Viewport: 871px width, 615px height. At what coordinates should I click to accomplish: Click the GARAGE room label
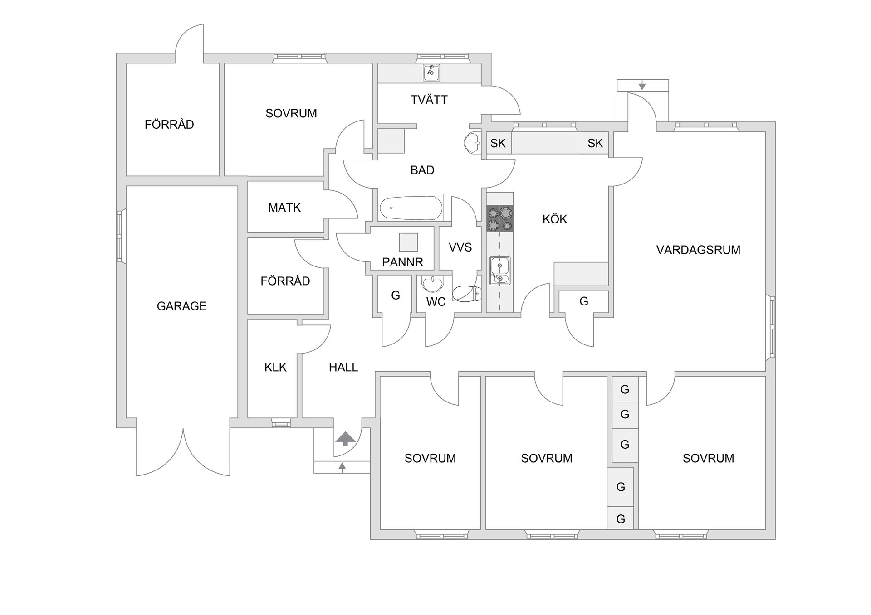point(181,306)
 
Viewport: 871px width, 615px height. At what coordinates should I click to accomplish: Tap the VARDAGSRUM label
point(698,250)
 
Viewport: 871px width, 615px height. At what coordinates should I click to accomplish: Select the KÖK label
point(555,219)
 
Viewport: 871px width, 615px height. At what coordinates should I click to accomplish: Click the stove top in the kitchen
point(500,219)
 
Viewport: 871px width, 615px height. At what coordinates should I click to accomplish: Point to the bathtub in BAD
point(410,208)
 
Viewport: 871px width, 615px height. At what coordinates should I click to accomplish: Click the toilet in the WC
point(467,294)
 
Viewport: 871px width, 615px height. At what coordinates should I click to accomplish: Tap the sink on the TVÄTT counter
point(431,73)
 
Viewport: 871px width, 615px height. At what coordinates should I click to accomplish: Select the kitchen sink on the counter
point(500,271)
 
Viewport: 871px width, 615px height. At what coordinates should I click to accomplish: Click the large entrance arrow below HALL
point(346,438)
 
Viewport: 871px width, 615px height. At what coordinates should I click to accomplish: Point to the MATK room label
point(284,208)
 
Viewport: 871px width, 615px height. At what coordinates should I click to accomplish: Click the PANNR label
point(402,262)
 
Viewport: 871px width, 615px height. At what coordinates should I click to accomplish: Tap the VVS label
point(460,247)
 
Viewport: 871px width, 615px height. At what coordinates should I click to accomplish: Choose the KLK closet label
point(275,367)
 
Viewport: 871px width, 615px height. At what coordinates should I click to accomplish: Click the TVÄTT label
point(429,100)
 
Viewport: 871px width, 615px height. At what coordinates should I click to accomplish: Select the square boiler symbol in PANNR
point(408,242)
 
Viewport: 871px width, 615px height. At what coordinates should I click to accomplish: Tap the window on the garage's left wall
point(120,236)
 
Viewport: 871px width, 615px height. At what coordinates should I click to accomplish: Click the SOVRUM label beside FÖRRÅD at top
point(291,113)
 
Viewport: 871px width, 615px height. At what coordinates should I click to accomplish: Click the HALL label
point(343,367)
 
